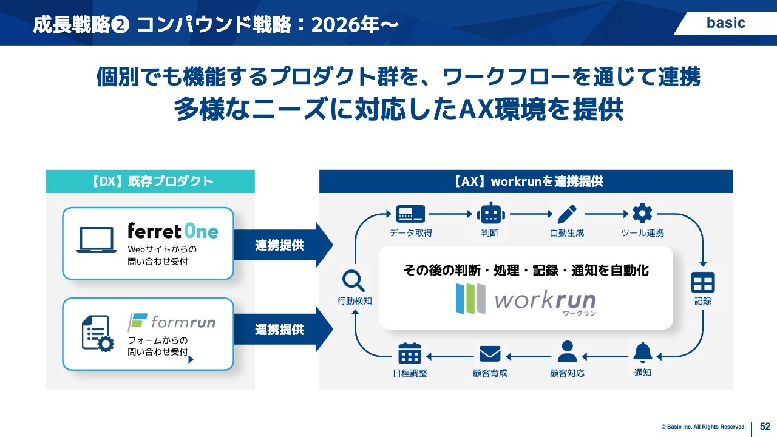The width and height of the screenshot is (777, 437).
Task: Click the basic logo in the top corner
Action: pos(725,23)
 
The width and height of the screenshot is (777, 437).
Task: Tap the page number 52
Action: pos(765,427)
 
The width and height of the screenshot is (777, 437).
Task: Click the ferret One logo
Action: pos(172,231)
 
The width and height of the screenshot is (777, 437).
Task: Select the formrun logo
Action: pos(172,322)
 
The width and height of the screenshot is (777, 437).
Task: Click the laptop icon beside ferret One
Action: pos(96,240)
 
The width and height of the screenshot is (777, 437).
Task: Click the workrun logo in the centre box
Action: pos(526,299)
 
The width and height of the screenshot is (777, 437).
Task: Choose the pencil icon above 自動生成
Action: pos(567,214)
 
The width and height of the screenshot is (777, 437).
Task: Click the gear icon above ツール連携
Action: pos(642,213)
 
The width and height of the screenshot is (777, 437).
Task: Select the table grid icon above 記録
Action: pos(703,282)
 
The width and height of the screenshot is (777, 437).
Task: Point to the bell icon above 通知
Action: pos(642,352)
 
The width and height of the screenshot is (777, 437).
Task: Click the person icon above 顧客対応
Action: pos(567,352)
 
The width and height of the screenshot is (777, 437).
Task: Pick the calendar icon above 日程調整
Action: pos(410,353)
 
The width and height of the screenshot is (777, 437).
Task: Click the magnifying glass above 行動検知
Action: pos(353,280)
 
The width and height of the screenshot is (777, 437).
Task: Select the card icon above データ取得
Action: pos(410,214)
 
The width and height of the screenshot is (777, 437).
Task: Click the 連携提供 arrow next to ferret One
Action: pos(282,245)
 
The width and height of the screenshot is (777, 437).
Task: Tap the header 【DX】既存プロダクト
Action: pos(151,181)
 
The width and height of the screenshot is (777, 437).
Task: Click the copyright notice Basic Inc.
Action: pos(704,427)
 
